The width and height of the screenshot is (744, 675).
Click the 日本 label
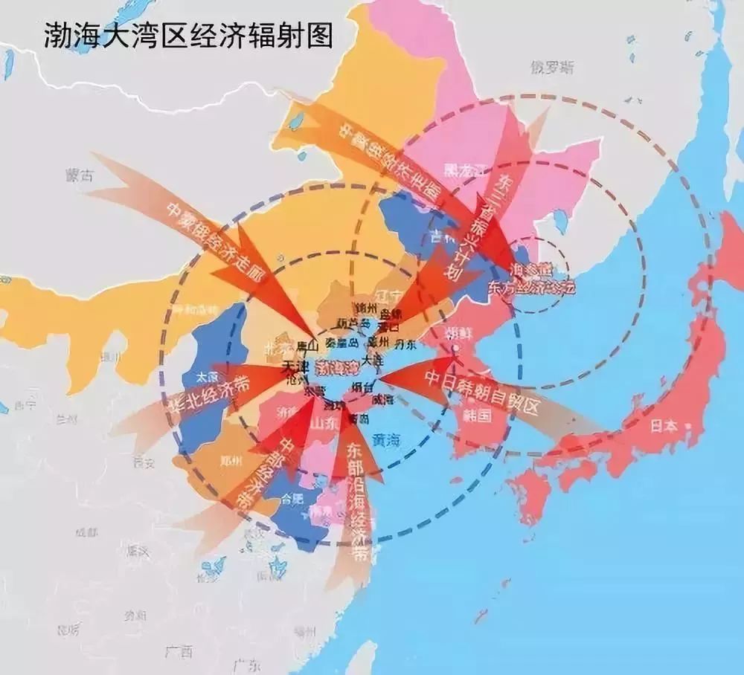[664, 426]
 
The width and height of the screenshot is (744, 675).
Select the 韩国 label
[476, 414]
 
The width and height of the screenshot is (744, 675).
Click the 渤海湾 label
[335, 367]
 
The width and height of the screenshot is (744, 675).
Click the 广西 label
[179, 652]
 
